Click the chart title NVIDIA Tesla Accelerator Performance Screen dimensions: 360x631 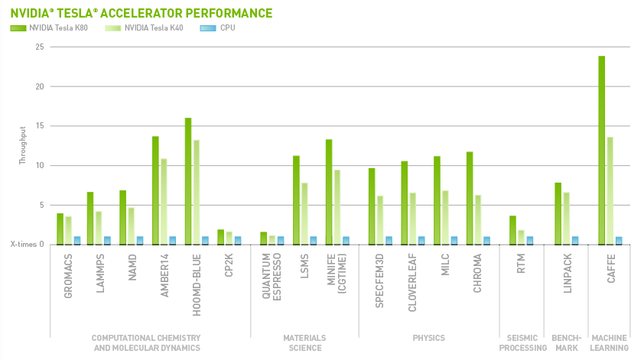(x=141, y=13)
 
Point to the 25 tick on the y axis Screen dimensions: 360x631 (x=38, y=47)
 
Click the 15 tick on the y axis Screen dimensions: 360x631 (x=38, y=126)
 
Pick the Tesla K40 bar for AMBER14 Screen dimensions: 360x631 (x=164, y=201)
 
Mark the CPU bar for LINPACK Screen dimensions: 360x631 (x=575, y=240)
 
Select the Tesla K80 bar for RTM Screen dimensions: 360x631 (x=513, y=230)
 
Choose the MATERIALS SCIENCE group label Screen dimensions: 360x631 (x=305, y=342)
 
